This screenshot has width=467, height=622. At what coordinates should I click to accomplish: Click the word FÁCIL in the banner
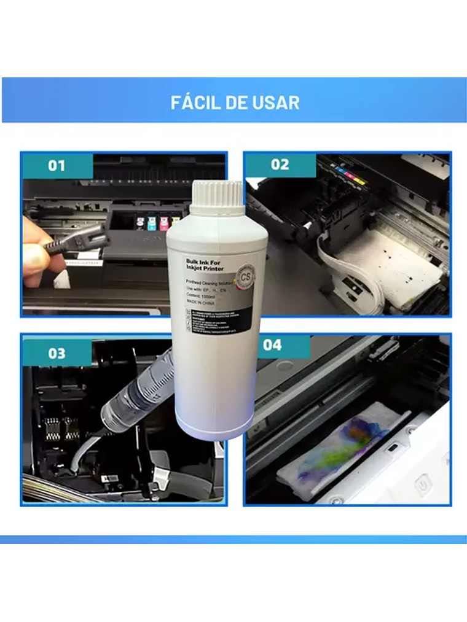[x=196, y=102]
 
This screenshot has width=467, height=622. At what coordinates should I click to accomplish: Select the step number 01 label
[x=57, y=166]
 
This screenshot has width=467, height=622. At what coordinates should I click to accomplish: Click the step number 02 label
[x=280, y=165]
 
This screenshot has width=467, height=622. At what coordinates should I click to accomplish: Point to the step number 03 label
[x=57, y=353]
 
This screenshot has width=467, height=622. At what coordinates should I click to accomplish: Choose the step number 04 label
[x=272, y=345]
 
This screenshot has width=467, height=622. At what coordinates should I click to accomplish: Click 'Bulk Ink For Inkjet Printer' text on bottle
[x=205, y=265]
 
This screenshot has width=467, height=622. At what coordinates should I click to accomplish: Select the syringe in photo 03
[x=135, y=393]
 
